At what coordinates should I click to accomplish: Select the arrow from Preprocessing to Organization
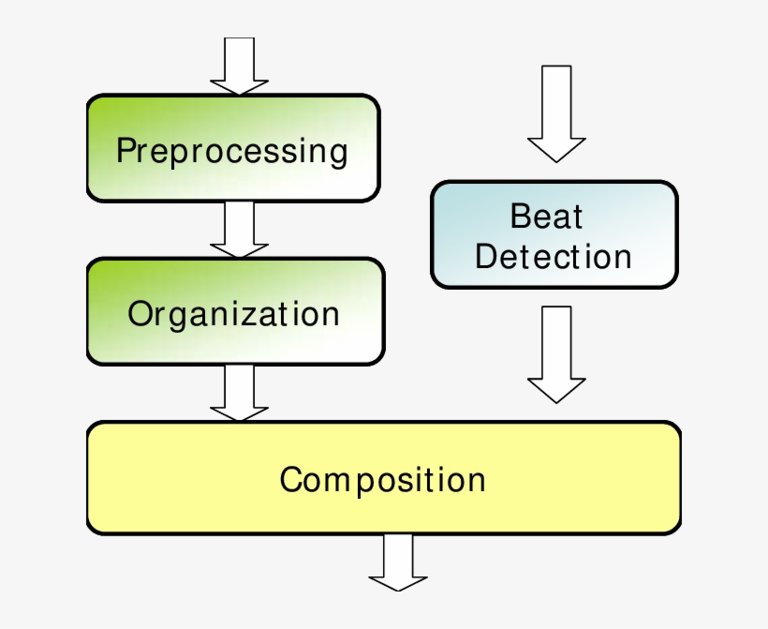click(240, 230)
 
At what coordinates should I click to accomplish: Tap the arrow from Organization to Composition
click(240, 392)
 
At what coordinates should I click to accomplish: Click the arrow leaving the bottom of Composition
click(398, 562)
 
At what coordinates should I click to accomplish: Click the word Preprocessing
click(232, 151)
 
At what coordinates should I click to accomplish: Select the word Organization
click(234, 313)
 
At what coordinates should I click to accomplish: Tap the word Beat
click(546, 217)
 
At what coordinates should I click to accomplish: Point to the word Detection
click(554, 256)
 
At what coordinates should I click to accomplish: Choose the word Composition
click(383, 480)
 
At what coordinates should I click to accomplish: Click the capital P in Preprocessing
click(126, 150)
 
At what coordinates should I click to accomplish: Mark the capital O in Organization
click(139, 313)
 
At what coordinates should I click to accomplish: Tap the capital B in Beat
click(520, 217)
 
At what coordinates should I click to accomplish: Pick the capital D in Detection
click(485, 256)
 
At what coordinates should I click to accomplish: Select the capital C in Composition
click(290, 480)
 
